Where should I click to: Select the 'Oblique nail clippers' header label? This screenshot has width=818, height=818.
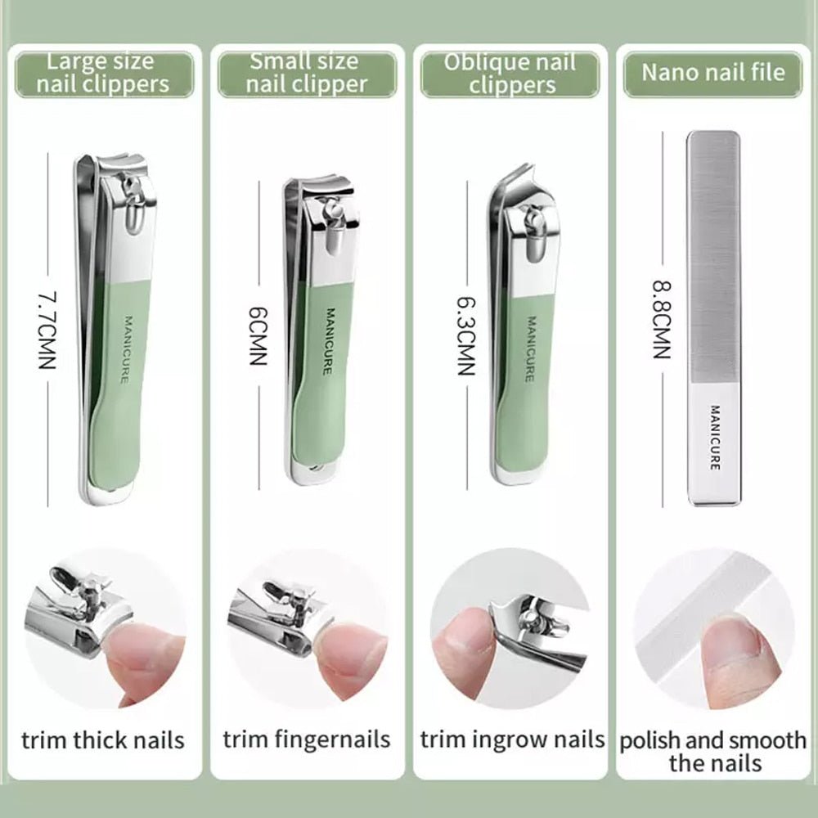pyautogui.click(x=510, y=74)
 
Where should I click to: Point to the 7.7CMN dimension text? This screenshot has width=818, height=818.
pyautogui.click(x=46, y=326)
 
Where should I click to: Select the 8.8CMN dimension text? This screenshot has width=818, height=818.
pyautogui.click(x=661, y=320)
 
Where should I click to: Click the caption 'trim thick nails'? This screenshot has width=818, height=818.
pyautogui.click(x=103, y=741)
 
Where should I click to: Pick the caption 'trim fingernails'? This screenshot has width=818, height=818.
pyautogui.click(x=306, y=740)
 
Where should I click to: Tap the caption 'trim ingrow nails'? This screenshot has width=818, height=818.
pyautogui.click(x=512, y=740)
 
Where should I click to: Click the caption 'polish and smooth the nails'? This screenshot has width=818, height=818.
pyautogui.click(x=712, y=752)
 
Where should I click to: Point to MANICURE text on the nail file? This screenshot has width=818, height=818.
pyautogui.click(x=714, y=438)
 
